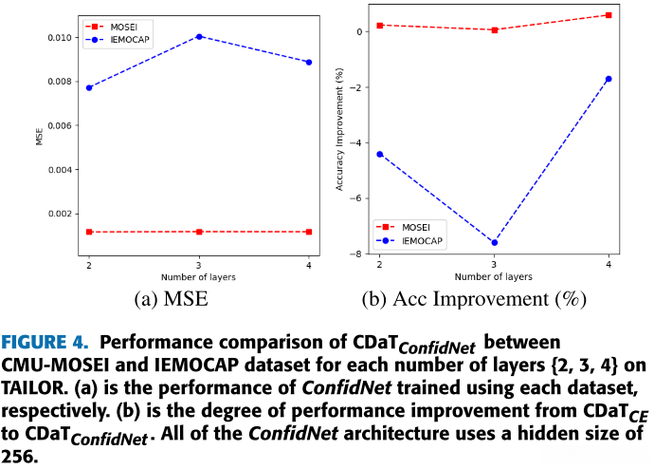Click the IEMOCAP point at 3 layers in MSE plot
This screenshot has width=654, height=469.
198,36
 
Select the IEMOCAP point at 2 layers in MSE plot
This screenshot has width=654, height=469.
89,87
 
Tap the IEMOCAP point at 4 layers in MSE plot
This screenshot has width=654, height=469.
308,62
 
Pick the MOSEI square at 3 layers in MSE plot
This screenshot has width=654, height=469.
198,232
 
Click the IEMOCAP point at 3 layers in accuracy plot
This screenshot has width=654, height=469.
494,243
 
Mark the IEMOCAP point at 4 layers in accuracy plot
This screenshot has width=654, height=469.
609,79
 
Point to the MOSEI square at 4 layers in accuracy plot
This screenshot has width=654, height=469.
609,15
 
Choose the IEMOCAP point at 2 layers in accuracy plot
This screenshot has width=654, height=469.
379,154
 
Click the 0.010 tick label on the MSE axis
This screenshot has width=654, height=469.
60,37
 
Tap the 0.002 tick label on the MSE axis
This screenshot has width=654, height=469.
60,215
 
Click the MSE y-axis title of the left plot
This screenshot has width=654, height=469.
40,138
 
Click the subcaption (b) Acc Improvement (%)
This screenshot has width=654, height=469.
474,301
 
